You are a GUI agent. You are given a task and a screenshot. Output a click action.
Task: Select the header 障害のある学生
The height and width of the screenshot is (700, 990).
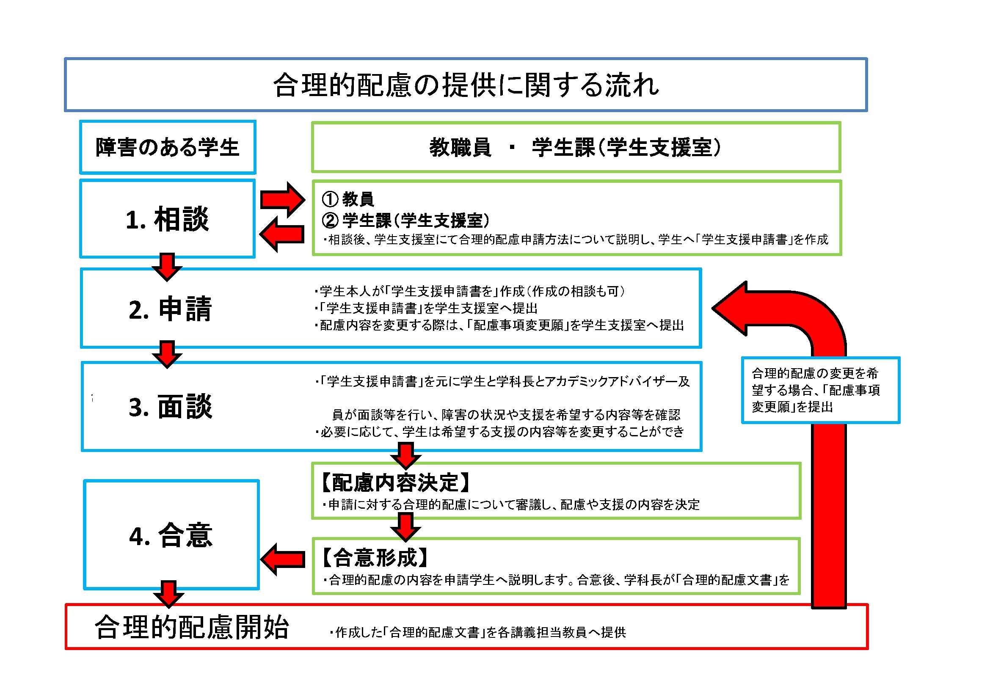coord(167,147)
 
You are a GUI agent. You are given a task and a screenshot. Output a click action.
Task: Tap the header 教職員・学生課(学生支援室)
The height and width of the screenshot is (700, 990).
coord(575,147)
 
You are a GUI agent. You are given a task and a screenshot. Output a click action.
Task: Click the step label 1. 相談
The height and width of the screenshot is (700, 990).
coord(167,219)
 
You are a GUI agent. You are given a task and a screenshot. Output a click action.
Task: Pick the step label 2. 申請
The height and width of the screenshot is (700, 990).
coord(170,309)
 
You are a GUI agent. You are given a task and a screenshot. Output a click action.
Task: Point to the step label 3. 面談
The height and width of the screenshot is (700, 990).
coord(170,406)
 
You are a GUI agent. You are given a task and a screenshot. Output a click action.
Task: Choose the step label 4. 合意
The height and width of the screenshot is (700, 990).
coord(171,535)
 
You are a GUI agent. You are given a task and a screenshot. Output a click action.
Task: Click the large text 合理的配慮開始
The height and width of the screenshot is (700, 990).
coord(192,627)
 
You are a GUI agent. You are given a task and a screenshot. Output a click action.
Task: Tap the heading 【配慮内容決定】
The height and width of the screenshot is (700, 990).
coord(395,482)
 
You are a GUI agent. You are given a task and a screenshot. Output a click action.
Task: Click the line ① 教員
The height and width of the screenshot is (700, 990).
coord(348,199)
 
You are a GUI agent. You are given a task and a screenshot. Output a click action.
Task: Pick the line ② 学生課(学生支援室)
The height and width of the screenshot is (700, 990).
coord(405,220)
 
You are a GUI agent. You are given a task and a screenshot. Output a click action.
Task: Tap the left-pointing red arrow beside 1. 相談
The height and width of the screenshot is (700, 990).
coord(282,234)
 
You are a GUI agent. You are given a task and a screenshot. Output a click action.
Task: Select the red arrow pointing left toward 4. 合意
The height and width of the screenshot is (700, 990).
coord(283,559)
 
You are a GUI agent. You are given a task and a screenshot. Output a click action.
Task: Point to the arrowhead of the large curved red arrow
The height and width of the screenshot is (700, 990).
coord(733,309)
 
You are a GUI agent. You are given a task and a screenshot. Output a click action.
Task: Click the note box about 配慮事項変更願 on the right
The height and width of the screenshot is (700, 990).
coord(820,390)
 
